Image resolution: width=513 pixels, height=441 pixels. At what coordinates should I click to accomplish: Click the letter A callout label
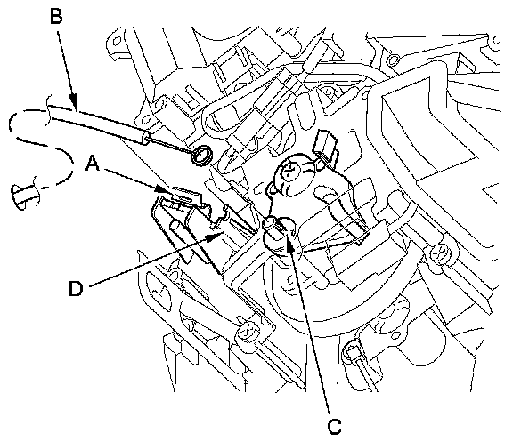click(x=93, y=163)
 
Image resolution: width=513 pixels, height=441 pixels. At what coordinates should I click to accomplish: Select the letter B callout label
click(x=56, y=16)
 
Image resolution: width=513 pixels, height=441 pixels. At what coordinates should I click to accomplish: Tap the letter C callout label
click(x=334, y=427)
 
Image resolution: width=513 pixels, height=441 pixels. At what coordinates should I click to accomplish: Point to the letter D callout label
click(x=76, y=288)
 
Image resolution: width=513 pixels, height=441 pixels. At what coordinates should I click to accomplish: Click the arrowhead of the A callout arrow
click(x=167, y=189)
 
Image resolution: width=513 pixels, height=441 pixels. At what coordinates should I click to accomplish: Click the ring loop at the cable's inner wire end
click(x=201, y=155)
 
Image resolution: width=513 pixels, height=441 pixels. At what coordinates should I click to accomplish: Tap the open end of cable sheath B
click(x=145, y=138)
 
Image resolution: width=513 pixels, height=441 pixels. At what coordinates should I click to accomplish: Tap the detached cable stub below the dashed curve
click(x=25, y=197)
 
